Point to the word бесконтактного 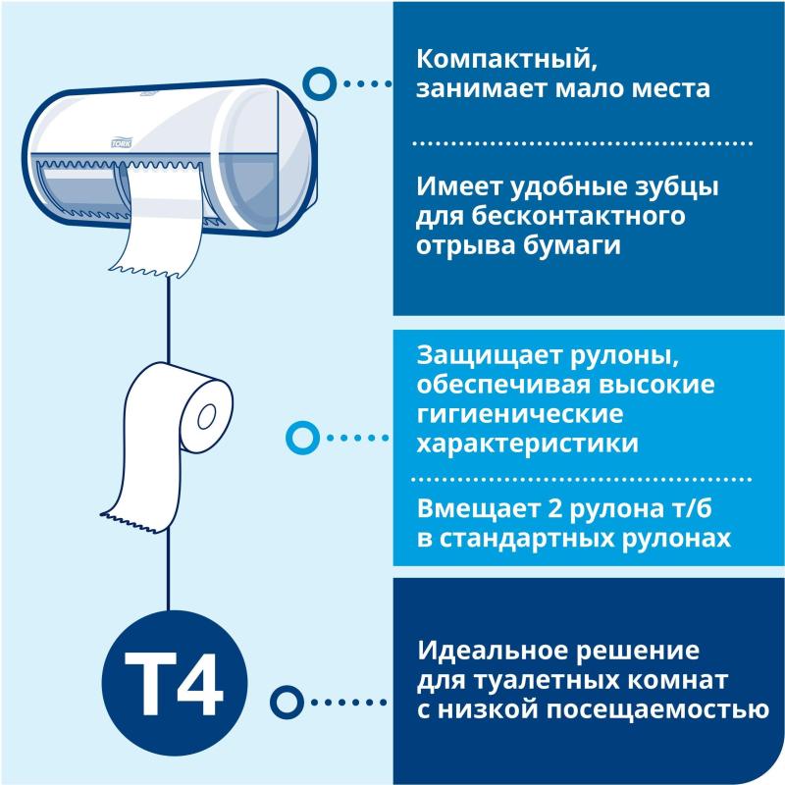tap(578, 215)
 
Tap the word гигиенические tap(520, 413)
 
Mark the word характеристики tap(528, 444)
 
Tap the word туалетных tap(530, 681)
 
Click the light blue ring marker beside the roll tap(299, 436)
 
